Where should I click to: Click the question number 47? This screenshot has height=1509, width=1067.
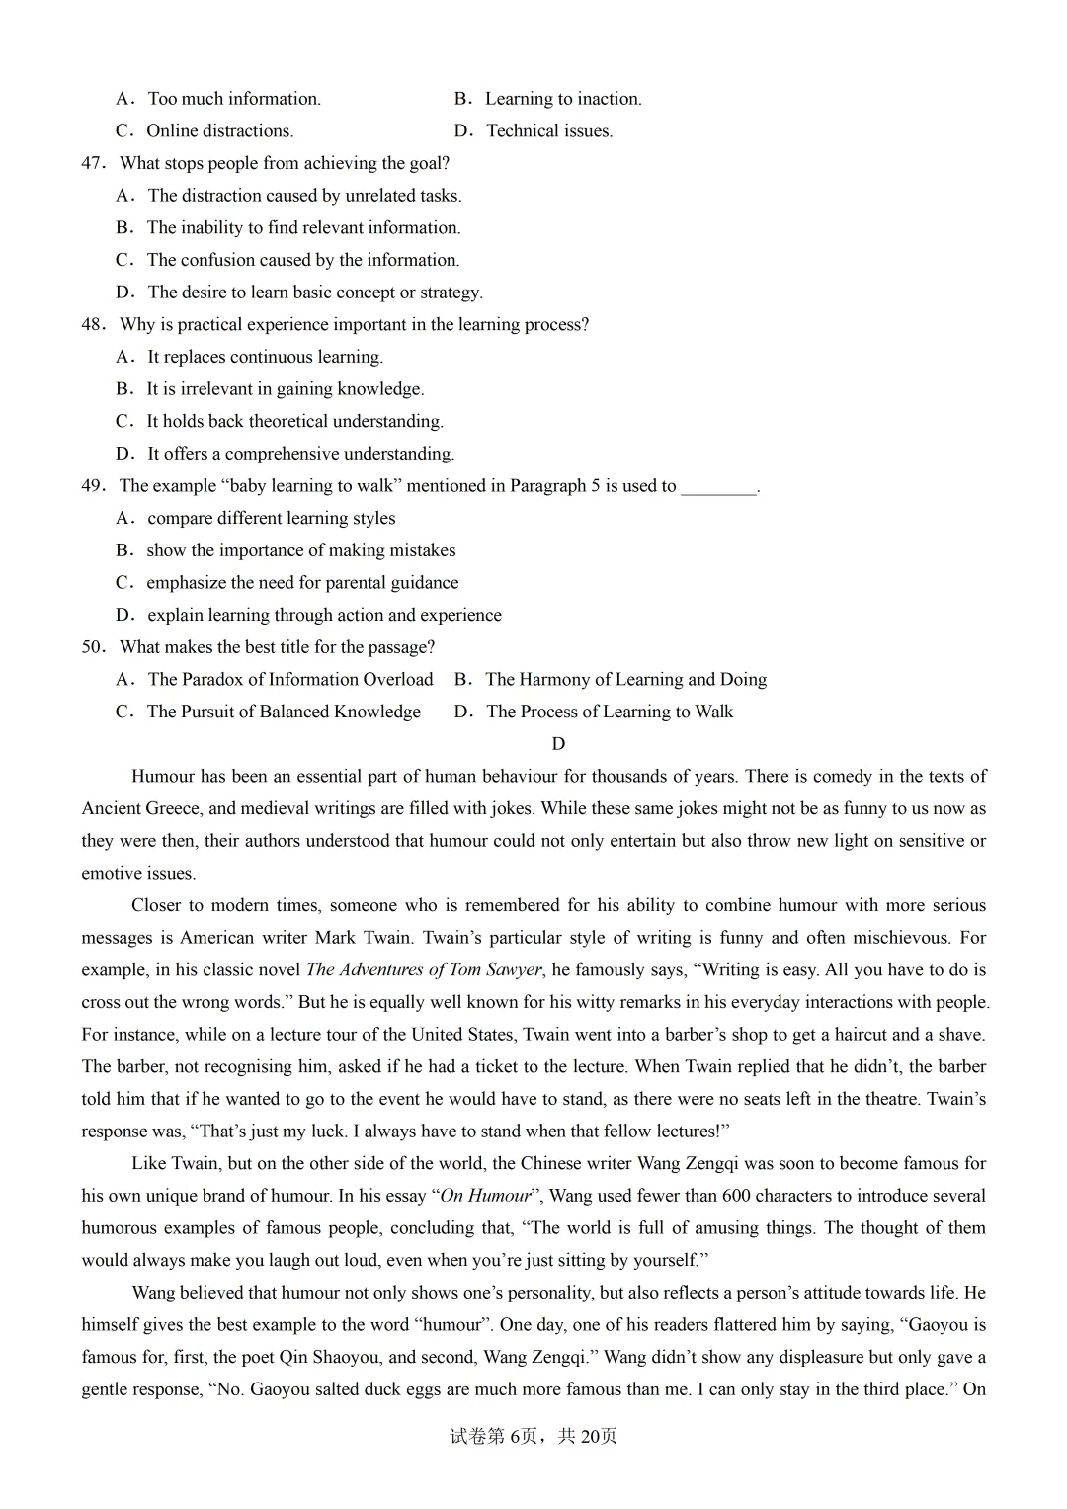93,163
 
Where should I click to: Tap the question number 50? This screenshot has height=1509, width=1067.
93,647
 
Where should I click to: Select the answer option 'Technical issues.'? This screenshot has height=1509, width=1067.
549,130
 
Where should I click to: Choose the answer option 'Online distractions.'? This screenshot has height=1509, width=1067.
219,130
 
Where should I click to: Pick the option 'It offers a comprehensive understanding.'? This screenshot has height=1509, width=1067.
300,454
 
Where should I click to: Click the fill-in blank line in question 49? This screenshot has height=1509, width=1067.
718,486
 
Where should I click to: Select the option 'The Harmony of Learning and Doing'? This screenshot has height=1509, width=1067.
625,679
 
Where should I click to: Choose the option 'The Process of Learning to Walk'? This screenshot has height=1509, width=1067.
610,712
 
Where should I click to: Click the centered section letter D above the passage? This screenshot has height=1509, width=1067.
558,744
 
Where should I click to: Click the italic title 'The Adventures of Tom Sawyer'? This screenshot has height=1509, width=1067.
424,969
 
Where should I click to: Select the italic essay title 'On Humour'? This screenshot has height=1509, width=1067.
485,1196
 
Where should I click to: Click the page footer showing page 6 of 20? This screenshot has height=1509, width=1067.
533,1436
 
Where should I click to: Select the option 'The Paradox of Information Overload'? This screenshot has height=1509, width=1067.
289,679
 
